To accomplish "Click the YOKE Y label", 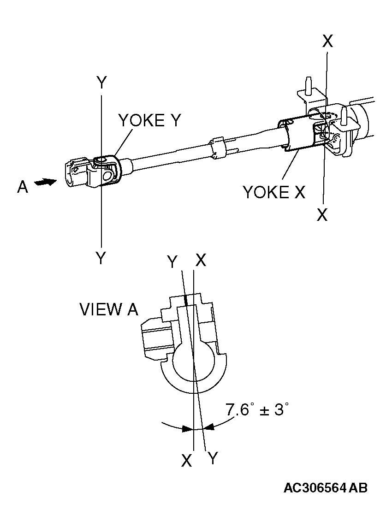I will click(150, 120).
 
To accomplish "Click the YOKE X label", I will click(274, 191).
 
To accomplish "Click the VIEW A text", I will click(109, 309).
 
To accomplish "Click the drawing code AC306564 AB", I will click(325, 488).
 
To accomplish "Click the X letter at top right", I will click(327, 41).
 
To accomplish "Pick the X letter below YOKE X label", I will click(322, 215).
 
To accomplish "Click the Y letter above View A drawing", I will click(172, 262).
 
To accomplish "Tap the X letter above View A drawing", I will click(201, 260).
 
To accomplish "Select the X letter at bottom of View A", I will click(186, 460).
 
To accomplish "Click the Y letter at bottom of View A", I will click(213, 458).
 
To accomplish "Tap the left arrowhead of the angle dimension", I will click(188, 429).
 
